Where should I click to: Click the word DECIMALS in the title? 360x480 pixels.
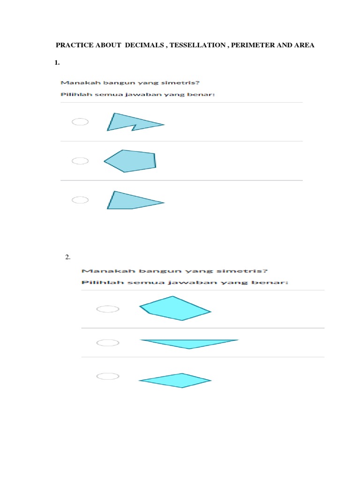tap(144, 45)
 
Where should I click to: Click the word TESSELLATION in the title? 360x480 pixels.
tap(198, 45)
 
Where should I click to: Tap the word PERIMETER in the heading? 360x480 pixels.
tap(253, 45)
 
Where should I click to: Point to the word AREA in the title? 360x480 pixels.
tap(304, 45)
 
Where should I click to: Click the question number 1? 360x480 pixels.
tap(57, 63)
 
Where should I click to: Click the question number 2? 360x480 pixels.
tap(67, 257)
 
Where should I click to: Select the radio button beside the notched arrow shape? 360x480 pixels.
tap(80, 122)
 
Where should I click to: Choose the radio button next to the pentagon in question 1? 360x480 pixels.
tap(80, 161)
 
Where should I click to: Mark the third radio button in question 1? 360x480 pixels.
tap(80, 200)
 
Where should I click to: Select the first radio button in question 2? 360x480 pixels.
tap(108, 309)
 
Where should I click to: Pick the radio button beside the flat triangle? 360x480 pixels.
tap(108, 343)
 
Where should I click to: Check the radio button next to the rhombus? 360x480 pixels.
tap(108, 376)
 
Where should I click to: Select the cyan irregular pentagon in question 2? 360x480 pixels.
tap(175, 308)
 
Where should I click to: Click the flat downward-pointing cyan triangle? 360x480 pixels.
tap(189, 344)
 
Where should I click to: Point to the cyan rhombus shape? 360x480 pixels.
tap(175, 381)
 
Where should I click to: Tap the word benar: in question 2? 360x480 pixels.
tap(270, 282)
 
